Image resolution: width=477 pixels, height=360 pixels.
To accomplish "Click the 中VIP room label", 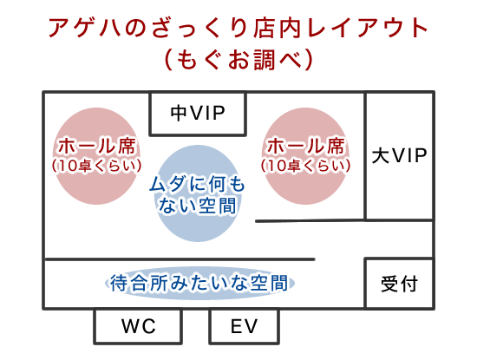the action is [x=198, y=113].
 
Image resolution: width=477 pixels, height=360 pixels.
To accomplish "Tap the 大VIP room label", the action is [x=400, y=155].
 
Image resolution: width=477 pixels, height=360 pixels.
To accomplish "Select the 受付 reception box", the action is [x=399, y=284].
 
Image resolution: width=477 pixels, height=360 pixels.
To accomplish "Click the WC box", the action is [x=138, y=326].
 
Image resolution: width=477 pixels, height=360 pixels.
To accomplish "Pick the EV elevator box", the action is [x=244, y=326].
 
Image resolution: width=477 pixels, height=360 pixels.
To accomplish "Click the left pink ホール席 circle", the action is [x=96, y=156].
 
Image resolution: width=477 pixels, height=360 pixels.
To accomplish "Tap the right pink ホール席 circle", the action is [x=305, y=156].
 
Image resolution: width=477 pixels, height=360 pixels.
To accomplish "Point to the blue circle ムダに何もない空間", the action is [x=198, y=193].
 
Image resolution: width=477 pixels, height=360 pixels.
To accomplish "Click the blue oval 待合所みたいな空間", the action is [x=199, y=284].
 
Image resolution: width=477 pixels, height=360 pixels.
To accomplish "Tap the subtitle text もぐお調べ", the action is [x=238, y=60].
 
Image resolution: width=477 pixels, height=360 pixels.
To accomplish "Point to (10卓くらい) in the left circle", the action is [x=96, y=166].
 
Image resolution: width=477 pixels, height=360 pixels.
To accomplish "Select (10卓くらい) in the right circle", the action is [x=305, y=166].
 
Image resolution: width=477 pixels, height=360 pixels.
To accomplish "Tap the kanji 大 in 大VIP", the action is [x=381, y=155].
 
